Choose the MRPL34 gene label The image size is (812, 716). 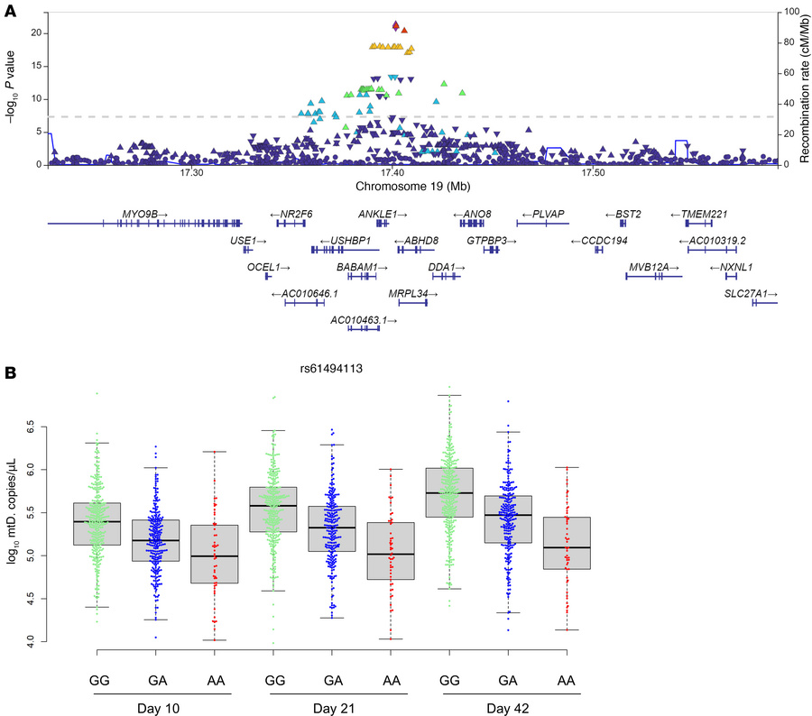pos(413,294)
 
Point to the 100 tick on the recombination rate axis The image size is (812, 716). pos(792,11)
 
